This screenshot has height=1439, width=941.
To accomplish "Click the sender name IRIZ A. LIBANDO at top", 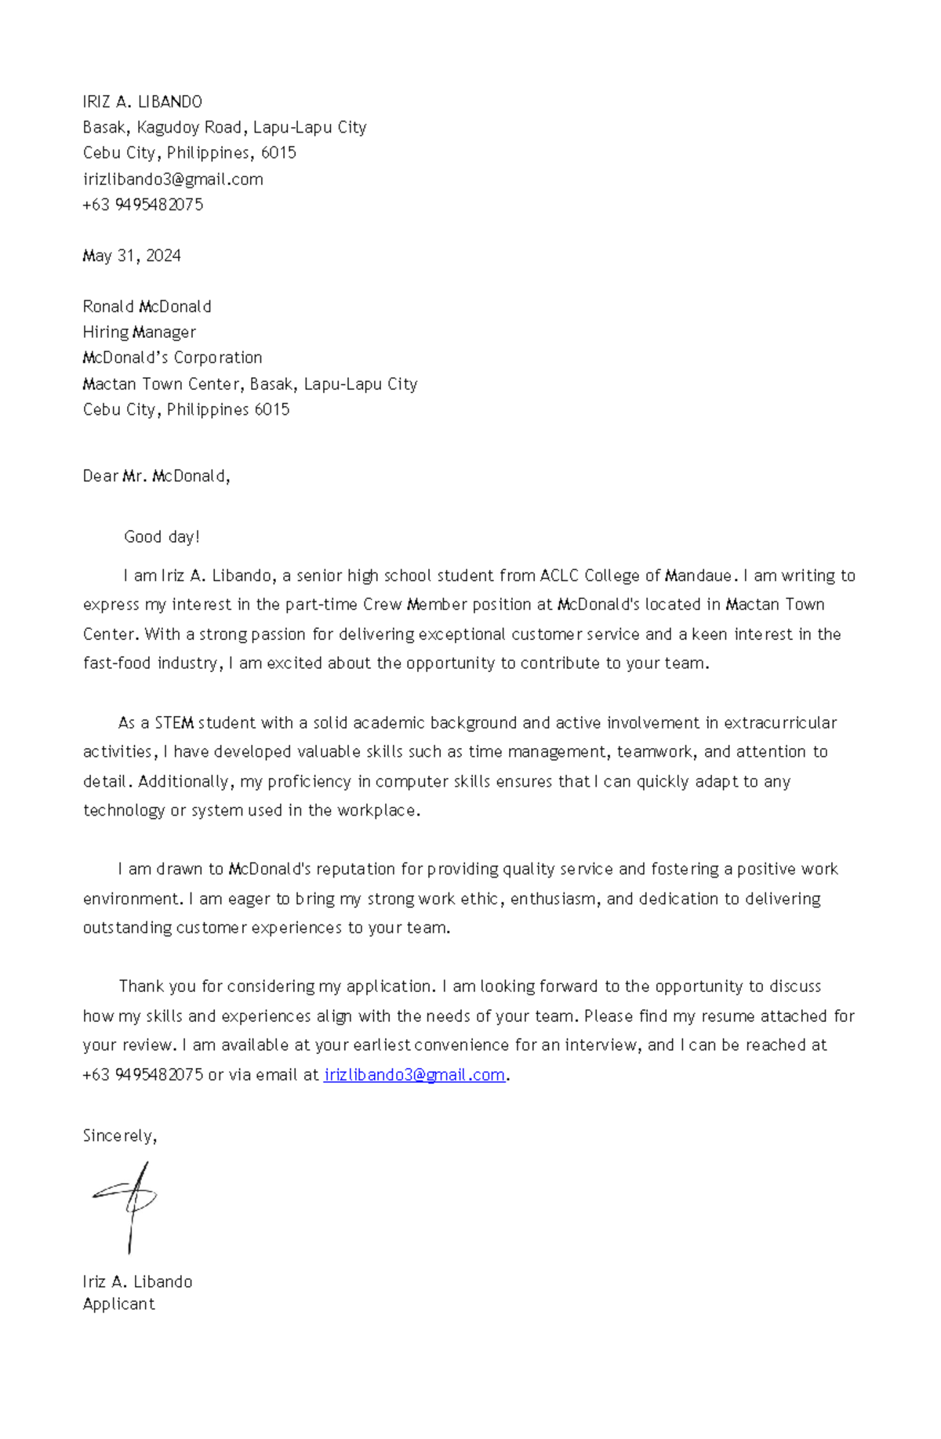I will (x=142, y=102).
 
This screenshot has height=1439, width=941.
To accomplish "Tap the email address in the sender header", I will (x=173, y=179).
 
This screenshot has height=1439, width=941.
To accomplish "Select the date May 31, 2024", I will (x=132, y=256).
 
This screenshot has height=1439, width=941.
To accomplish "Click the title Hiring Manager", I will (x=139, y=332).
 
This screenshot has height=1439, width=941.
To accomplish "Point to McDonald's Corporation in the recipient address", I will (x=172, y=358).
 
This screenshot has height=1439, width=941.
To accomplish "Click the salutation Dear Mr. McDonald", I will (x=155, y=476).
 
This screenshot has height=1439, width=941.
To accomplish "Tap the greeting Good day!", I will (x=162, y=537).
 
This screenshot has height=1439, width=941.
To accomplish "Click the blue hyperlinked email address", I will (x=414, y=1075).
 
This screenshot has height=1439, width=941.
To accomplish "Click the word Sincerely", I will (x=119, y=1136).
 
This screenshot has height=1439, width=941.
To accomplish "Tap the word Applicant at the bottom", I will (x=118, y=1304).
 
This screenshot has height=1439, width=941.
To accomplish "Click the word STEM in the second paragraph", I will (x=174, y=723).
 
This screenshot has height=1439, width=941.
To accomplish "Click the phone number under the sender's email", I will (x=143, y=205).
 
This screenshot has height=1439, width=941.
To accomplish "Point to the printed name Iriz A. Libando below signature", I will (x=137, y=1281).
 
